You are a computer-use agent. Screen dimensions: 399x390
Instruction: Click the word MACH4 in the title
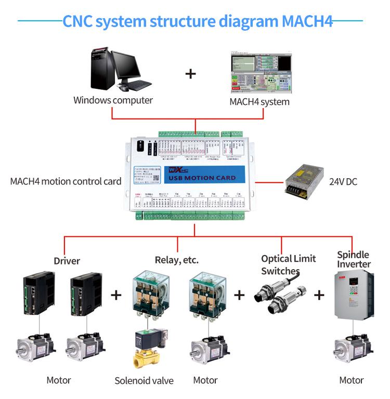pyautogui.click(x=308, y=21)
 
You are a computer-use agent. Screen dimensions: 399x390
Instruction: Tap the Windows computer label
pyautogui.click(x=113, y=100)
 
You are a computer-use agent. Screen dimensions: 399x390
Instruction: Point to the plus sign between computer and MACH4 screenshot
pyautogui.click(x=191, y=73)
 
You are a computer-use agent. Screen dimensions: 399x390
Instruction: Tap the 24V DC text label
pyautogui.click(x=343, y=182)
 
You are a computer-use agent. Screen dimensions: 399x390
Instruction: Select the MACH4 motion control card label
pyautogui.click(x=66, y=181)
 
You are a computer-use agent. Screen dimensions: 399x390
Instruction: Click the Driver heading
pyautogui.click(x=67, y=260)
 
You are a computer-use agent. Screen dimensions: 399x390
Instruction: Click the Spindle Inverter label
pyautogui.click(x=354, y=259)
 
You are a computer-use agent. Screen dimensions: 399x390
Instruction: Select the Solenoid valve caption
pyautogui.click(x=145, y=381)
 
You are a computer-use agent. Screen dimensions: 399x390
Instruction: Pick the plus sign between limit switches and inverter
pyautogui.click(x=318, y=296)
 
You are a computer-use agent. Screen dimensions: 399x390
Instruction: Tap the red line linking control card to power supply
pyautogui.click(x=268, y=182)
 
